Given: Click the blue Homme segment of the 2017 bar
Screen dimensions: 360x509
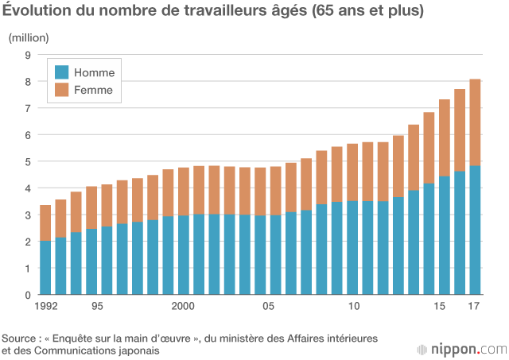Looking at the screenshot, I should click(x=475, y=230).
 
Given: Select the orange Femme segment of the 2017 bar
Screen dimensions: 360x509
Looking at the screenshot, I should click(x=475, y=122).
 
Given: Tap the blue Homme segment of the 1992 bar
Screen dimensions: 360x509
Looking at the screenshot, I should click(x=45, y=268).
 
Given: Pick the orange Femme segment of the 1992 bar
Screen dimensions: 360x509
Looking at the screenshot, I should click(x=45, y=223).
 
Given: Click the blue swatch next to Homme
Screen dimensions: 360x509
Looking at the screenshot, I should click(x=60, y=72).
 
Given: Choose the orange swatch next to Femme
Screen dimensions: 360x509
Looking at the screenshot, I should click(x=60, y=91).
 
